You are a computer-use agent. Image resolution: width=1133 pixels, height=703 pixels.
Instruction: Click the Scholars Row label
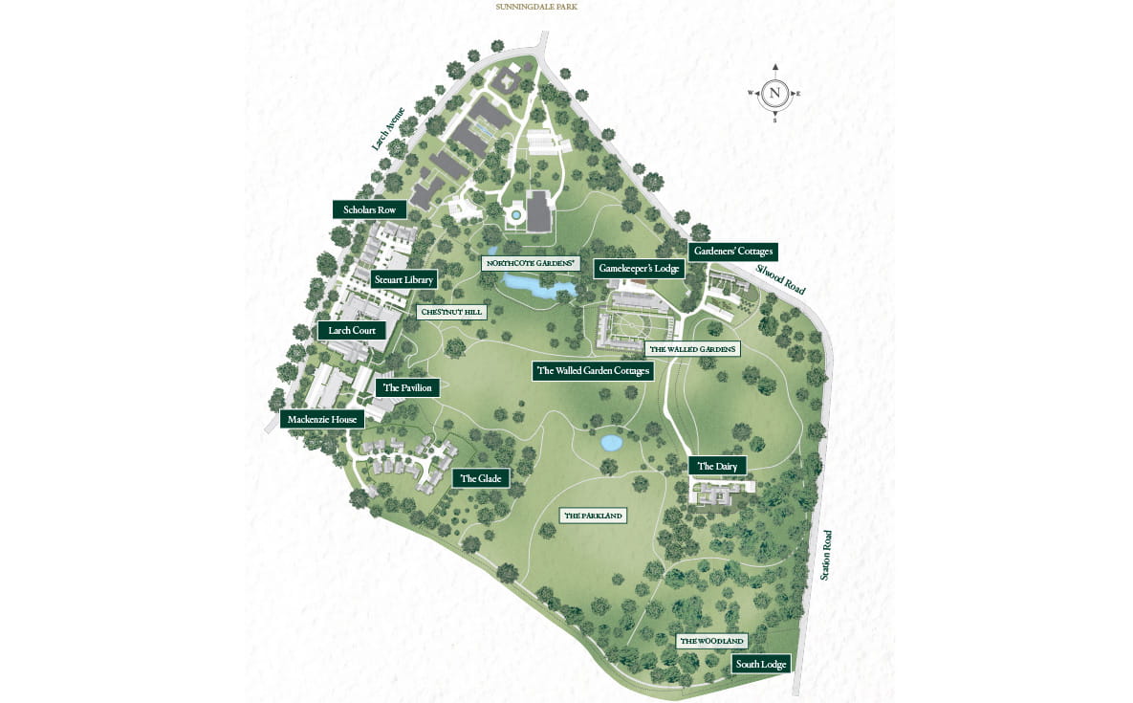click(369, 209)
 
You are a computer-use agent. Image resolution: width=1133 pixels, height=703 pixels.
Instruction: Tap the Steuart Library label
click(403, 279)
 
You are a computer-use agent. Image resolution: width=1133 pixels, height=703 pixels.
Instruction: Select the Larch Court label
click(352, 331)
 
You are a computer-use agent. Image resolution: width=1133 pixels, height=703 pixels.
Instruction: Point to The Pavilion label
click(409, 387)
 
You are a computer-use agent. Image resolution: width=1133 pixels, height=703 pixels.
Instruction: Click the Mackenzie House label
click(322, 419)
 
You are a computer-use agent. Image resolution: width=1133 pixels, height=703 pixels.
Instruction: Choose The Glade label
click(480, 478)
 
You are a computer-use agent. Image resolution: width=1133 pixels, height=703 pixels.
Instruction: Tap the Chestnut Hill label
click(452, 312)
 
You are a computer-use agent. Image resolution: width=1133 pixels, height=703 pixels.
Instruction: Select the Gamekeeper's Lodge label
click(640, 269)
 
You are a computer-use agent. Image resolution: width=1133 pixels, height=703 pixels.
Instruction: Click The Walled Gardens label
click(691, 349)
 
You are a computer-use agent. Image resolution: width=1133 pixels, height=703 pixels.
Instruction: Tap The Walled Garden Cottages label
click(593, 371)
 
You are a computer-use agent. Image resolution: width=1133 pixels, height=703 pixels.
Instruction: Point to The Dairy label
click(716, 466)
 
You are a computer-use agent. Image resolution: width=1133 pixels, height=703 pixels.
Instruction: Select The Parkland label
click(593, 516)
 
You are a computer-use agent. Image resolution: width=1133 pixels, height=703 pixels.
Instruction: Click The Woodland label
click(711, 641)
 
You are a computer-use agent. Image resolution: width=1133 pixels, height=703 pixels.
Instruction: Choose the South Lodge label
click(761, 664)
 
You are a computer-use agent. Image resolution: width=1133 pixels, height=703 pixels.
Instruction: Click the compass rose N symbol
click(775, 94)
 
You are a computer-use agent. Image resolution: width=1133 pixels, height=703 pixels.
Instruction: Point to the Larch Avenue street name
click(388, 128)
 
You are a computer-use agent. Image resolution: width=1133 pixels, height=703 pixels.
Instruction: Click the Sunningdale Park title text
click(536, 7)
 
